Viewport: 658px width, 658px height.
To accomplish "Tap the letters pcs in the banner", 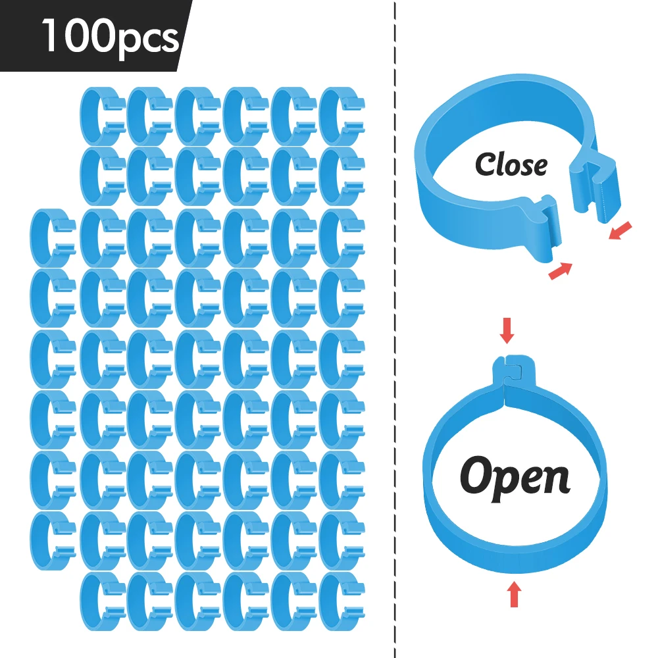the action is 149,41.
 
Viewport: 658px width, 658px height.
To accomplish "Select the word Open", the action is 515,479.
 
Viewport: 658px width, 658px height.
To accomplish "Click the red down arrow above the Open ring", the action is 507,330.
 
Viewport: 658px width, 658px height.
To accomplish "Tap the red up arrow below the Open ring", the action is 515,594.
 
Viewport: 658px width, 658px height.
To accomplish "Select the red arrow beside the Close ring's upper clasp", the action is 620,231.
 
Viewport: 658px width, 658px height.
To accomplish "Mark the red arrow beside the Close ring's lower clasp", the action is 561,270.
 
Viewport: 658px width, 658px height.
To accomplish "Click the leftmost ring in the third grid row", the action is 41,238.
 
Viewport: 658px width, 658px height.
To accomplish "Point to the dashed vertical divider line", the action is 395,329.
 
